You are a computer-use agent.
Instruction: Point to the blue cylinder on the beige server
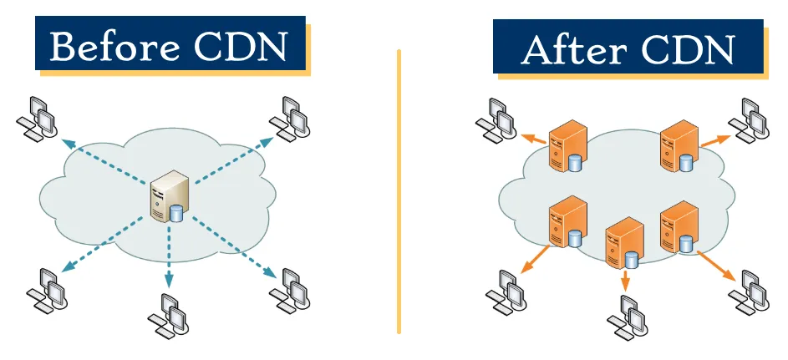click(x=176, y=214)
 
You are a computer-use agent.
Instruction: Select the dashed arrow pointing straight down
click(x=169, y=259)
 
